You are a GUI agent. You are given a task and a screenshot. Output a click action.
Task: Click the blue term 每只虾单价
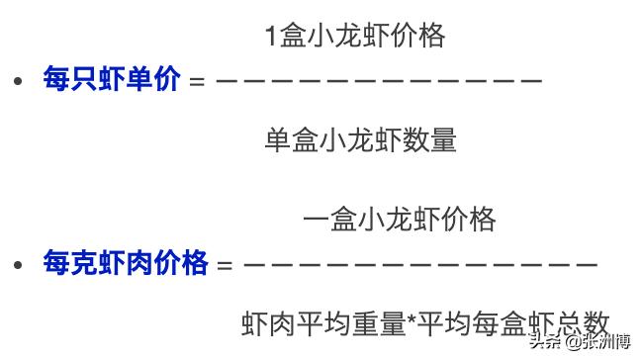112,79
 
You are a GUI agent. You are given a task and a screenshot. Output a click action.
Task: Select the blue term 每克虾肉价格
126,263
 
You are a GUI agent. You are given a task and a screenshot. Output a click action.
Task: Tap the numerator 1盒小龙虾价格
355,37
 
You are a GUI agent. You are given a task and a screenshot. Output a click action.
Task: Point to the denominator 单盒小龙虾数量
360,140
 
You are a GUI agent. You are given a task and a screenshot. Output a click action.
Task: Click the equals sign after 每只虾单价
196,81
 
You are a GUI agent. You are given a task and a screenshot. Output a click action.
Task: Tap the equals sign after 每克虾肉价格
225,265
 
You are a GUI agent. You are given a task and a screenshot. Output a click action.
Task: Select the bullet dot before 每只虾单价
17,80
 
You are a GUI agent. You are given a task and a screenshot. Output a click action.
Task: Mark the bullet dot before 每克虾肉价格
17,264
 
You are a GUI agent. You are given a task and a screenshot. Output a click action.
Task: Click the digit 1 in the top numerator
271,38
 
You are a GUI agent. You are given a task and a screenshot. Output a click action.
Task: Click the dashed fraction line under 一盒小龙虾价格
420,264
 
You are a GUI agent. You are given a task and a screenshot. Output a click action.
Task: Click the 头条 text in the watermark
545,342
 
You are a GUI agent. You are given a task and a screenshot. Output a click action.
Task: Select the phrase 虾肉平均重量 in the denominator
322,322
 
